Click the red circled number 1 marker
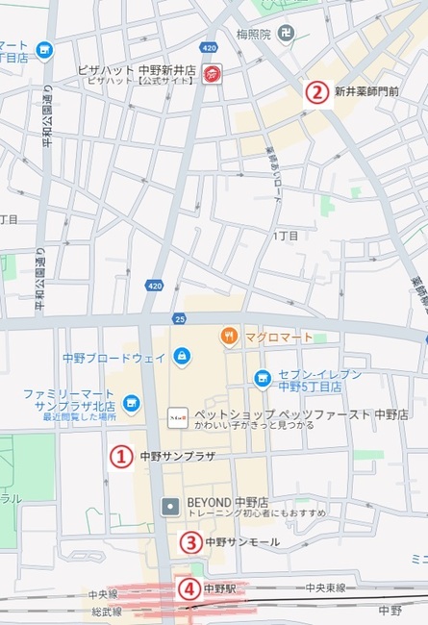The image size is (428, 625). [x=120, y=456]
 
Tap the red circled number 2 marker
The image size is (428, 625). [x=315, y=92]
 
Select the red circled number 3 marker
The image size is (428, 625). [x=190, y=542]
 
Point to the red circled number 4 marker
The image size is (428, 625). [x=190, y=588]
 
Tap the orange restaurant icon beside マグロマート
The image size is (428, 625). [x=229, y=336]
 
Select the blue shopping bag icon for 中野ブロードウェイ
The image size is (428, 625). [x=182, y=357]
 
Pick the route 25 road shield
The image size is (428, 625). [x=179, y=318]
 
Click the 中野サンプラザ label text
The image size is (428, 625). [x=177, y=456]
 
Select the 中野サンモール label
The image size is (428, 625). [x=242, y=542]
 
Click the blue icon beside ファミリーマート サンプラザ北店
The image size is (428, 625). [x=132, y=403]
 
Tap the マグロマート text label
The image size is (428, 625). [x=277, y=336]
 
